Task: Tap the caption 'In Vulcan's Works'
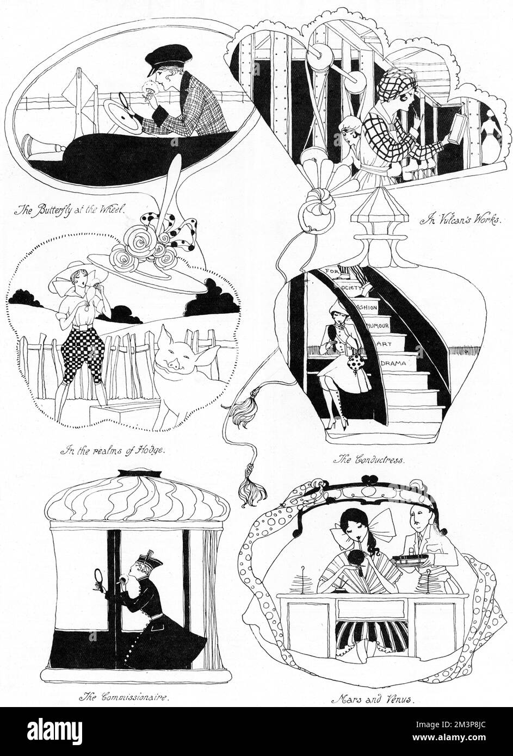461,221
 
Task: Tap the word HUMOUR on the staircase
378,326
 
